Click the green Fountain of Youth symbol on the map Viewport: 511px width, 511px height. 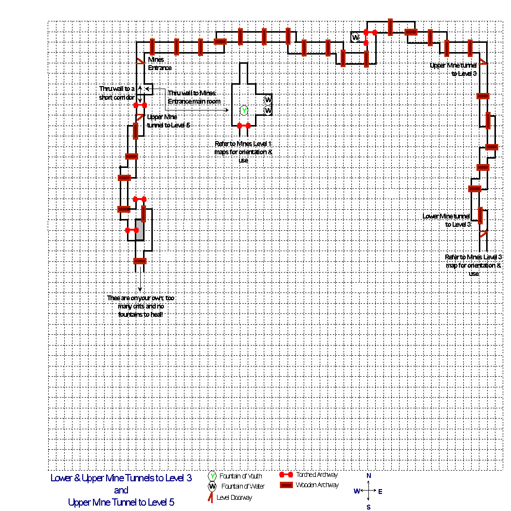[x=244, y=110]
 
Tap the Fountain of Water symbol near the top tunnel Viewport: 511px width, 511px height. [x=356, y=37]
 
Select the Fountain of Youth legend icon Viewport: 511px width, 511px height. [x=213, y=476]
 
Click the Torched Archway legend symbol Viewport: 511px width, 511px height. [x=287, y=474]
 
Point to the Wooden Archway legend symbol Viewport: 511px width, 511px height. [x=287, y=485]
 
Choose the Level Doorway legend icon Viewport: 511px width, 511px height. [x=211, y=497]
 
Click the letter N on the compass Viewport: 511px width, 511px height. [x=369, y=475]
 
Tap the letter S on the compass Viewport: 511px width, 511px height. [x=369, y=507]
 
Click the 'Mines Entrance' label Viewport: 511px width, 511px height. [x=160, y=64]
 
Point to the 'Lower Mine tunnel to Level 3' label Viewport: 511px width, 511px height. [x=447, y=220]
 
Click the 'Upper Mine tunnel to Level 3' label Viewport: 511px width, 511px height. [x=454, y=69]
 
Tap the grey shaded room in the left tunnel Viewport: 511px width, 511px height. [x=139, y=230]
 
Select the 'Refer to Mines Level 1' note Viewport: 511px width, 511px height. [x=243, y=152]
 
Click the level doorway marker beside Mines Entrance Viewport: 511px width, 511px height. [x=140, y=60]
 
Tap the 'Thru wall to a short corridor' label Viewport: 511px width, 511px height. [x=117, y=93]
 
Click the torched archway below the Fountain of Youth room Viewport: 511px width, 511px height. [x=243, y=126]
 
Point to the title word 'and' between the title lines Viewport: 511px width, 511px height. [x=121, y=490]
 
